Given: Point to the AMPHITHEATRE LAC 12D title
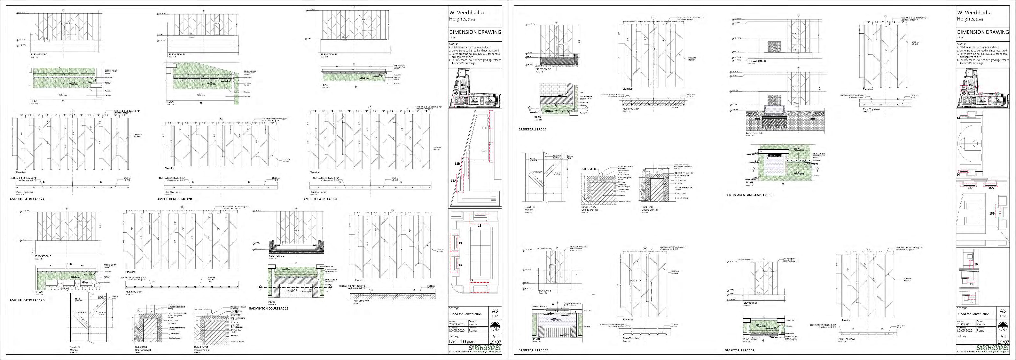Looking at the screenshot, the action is [27, 300].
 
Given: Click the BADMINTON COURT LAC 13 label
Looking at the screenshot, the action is [269, 308].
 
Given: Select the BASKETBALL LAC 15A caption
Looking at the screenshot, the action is [740, 350].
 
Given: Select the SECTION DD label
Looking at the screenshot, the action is [544, 69].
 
